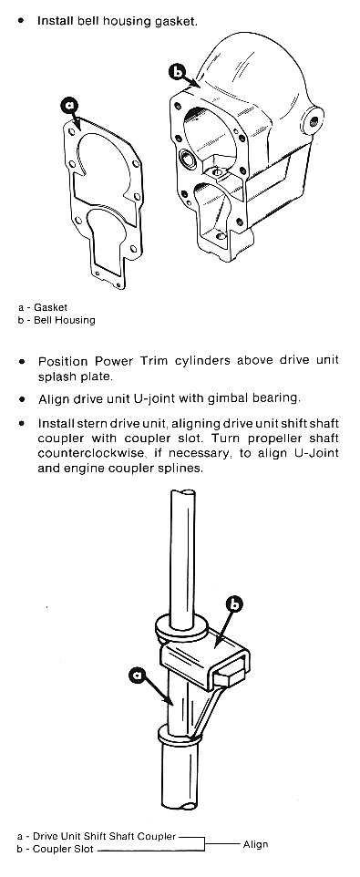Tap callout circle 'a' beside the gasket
[x=69, y=105]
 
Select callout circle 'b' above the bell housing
[x=177, y=72]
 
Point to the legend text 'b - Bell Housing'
[x=56, y=321]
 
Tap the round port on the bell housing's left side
[x=188, y=159]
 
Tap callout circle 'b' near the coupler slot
[x=235, y=604]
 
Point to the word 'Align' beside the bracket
[x=255, y=844]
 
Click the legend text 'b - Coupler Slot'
[x=56, y=850]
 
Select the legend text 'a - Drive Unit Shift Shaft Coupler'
[x=96, y=837]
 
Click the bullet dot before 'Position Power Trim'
[x=22, y=362]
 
